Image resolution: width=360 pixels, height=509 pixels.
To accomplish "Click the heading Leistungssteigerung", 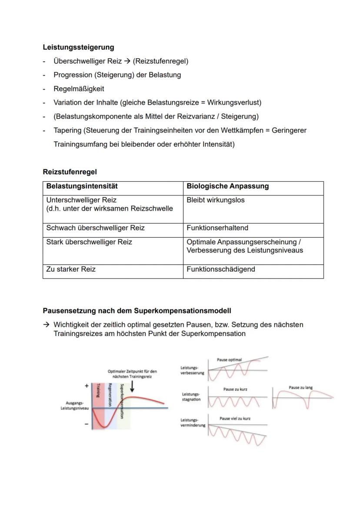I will (x=78, y=47).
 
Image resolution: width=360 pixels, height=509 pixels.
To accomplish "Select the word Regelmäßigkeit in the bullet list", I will (x=79, y=89).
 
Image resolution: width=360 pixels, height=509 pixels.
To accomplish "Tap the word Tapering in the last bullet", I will (x=67, y=130).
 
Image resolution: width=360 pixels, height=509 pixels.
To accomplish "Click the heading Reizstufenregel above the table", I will (x=70, y=172).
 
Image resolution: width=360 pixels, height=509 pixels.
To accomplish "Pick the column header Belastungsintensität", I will (x=82, y=186).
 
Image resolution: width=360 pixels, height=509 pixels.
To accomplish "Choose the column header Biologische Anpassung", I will (x=227, y=186).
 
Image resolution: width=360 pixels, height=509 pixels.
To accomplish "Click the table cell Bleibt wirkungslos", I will (x=215, y=200).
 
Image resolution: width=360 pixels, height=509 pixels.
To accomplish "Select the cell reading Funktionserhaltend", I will (x=217, y=228).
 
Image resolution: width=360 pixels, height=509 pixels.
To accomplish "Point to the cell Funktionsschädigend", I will (x=220, y=269).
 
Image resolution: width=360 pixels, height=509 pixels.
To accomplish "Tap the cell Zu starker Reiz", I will (x=71, y=269).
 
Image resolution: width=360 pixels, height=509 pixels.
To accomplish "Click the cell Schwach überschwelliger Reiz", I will (x=95, y=228).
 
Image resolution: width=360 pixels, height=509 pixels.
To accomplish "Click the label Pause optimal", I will (x=229, y=360).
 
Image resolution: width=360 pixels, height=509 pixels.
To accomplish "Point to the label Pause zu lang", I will (x=300, y=387).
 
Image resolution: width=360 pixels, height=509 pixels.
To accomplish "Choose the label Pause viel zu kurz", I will (x=235, y=418).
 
